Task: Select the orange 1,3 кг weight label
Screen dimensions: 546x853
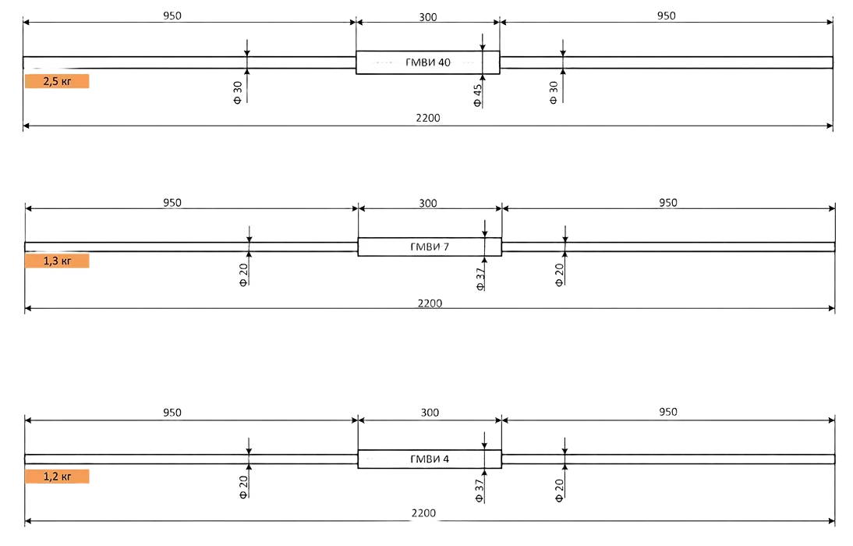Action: [59, 261]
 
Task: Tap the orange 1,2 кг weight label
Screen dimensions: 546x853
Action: [58, 476]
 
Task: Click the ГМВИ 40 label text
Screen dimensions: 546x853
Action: [428, 62]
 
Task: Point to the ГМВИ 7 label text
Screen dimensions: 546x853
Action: [429, 247]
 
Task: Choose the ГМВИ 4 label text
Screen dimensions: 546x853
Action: [429, 459]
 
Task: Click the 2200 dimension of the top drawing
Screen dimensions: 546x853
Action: [428, 119]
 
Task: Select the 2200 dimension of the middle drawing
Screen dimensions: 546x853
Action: [429, 303]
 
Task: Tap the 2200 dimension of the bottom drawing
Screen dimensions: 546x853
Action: [423, 513]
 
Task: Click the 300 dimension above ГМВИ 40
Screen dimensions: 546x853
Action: [428, 16]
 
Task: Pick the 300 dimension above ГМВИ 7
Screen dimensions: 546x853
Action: [428, 203]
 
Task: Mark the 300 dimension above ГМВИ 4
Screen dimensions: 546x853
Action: [429, 413]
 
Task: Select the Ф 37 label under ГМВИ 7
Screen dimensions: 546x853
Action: [480, 277]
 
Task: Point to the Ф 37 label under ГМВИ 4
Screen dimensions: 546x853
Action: [480, 488]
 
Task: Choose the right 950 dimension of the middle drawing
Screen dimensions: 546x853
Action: [668, 203]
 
